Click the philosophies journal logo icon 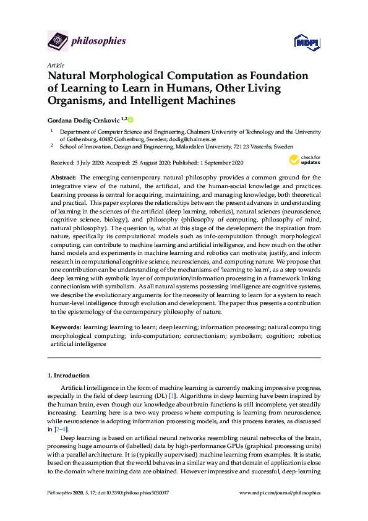tap(57, 42)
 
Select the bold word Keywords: tap(66, 326)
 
